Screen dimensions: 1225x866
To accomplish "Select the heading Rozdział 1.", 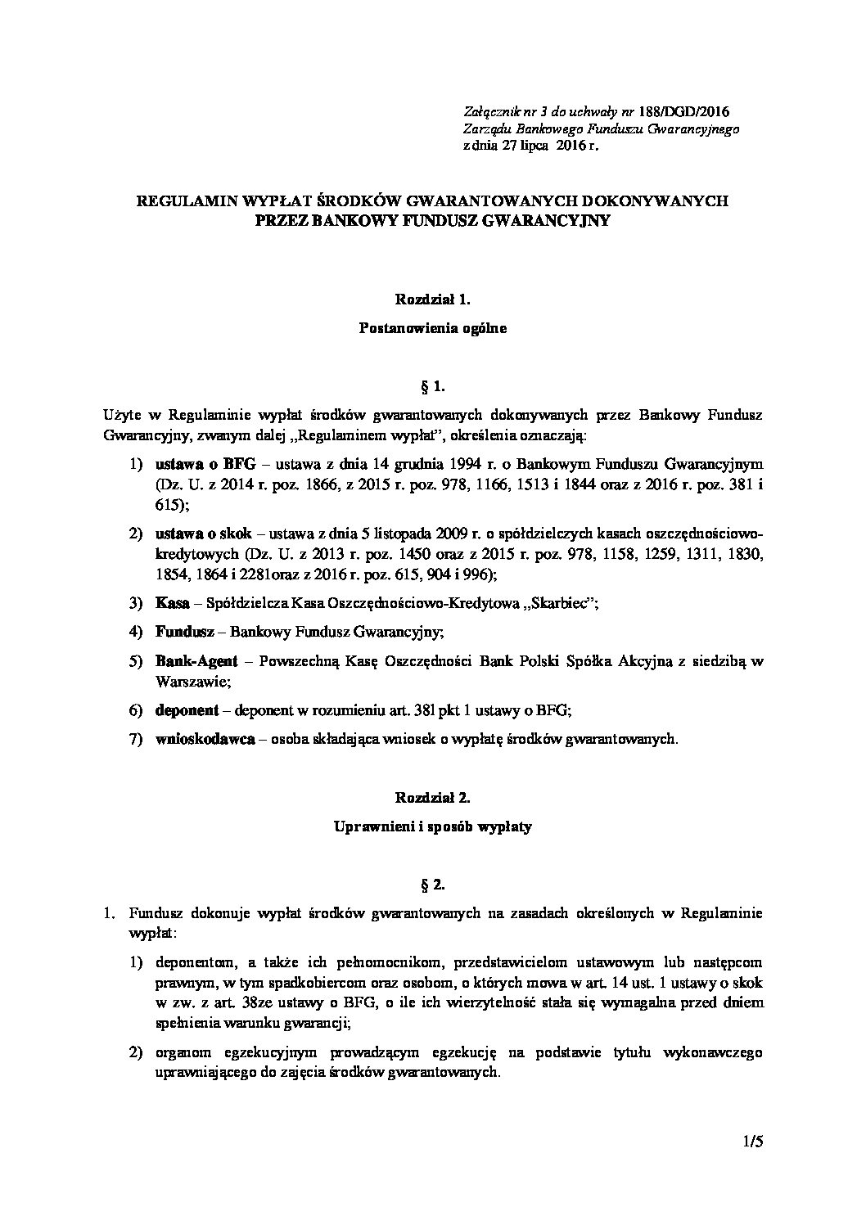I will pyautogui.click(x=433, y=300).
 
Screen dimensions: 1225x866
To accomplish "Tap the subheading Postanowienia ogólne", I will pyautogui.click(x=433, y=329).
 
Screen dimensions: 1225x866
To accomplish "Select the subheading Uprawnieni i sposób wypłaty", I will pyautogui.click(x=433, y=826).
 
